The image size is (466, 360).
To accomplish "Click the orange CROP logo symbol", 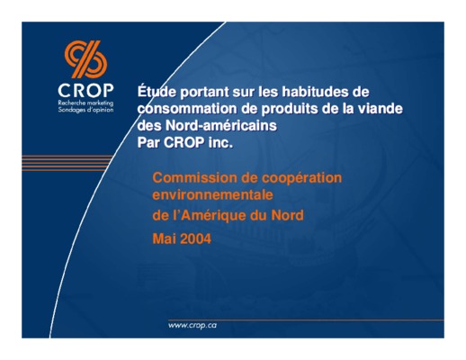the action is point(85,59).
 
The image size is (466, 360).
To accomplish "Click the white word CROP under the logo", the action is point(85,90).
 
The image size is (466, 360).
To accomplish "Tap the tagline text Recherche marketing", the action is point(85,103).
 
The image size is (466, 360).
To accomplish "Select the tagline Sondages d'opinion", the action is point(85,110).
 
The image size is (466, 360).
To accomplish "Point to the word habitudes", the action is point(313,92).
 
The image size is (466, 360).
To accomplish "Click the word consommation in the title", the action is point(187,109).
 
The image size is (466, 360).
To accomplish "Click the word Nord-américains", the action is point(221,125).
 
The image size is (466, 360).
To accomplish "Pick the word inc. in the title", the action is point(220,142).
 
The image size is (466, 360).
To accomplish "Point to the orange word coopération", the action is point(301,178).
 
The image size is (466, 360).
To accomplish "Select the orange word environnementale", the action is point(212,195).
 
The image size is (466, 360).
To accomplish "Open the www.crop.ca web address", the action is point(193,325).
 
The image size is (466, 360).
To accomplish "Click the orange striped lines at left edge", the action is point(67,163).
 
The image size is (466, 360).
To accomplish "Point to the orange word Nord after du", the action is point(287,215).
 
